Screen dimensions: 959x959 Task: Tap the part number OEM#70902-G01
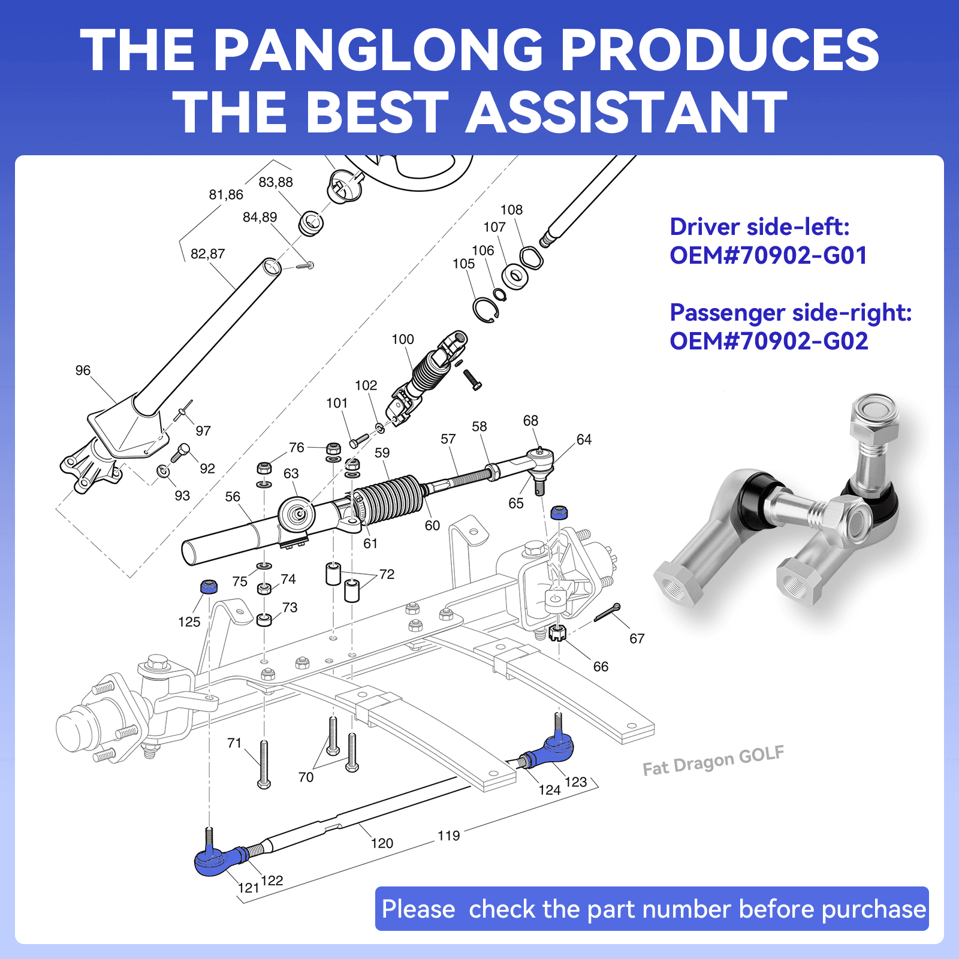[x=768, y=256]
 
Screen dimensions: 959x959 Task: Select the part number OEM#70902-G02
[x=768, y=342]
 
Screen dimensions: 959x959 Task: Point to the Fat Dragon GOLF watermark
[x=713, y=761]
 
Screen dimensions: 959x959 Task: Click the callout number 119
[x=448, y=836]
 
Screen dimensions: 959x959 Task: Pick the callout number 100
[x=403, y=339]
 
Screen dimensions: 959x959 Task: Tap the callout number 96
[x=83, y=370]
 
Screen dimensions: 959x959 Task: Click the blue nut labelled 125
[x=209, y=586]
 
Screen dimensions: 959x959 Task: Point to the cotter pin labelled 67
[x=607, y=613]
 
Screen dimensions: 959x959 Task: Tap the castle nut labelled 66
[x=557, y=632]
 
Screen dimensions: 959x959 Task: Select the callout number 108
[x=511, y=210]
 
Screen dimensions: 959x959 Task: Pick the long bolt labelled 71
[x=264, y=764]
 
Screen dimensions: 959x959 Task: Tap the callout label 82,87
[x=207, y=254]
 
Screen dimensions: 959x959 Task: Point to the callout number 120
[x=382, y=843]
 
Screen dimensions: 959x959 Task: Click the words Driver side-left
[x=759, y=227]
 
